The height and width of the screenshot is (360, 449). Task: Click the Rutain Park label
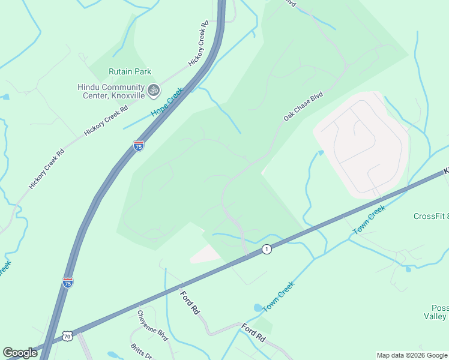pos(130,71)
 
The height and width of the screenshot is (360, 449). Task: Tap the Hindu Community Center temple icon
pos(154,90)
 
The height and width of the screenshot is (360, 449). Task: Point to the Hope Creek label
pos(167,102)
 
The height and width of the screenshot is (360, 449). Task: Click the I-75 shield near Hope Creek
pos(139,146)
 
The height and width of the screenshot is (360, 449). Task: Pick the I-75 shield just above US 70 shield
pos(68,281)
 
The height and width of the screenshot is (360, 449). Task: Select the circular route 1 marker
pos(267,248)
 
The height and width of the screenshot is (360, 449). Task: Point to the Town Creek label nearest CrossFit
pos(368,221)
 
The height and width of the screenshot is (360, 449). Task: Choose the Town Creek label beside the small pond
pos(279,296)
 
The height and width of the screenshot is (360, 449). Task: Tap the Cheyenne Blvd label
pos(147,323)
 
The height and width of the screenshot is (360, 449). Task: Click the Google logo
pos(20,353)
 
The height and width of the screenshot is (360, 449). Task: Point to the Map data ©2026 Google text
pos(412,355)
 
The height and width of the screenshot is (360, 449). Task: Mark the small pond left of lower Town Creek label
pos(258,307)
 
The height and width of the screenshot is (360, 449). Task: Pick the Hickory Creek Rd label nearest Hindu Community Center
pos(106,120)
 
